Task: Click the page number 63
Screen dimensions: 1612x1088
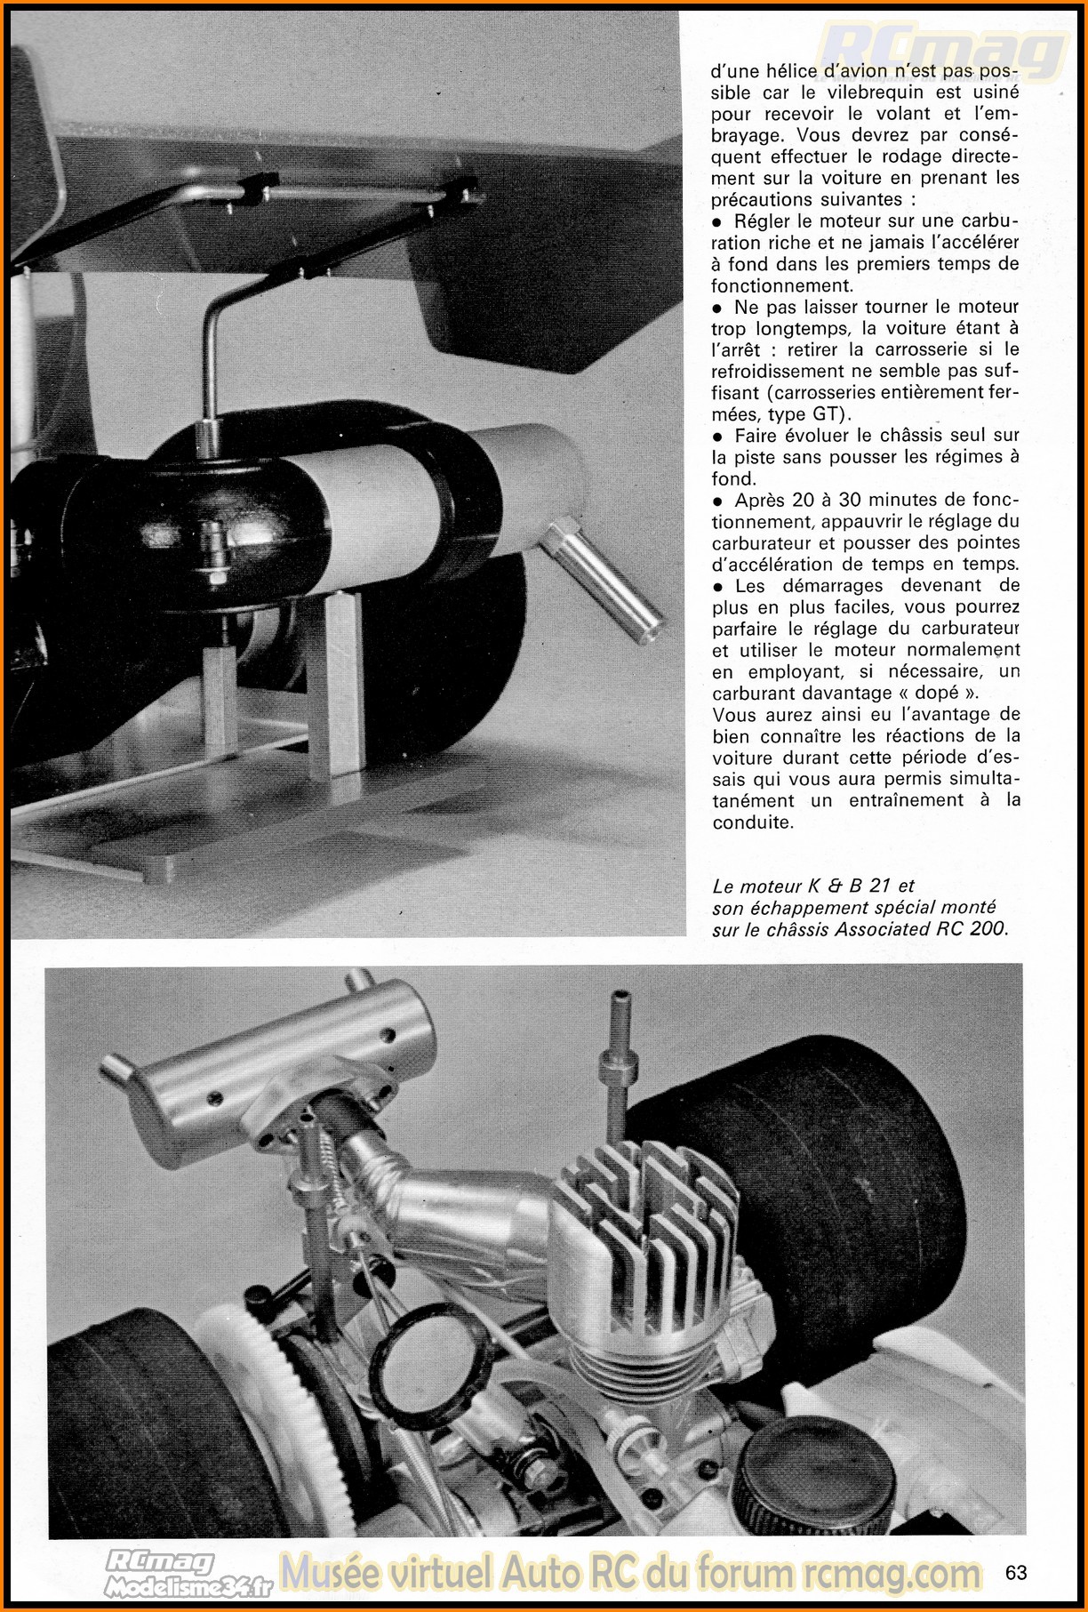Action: pos(1016,1572)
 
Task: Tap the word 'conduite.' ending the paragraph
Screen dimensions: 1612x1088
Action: pos(753,822)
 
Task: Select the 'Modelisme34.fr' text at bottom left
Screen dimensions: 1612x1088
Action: pos(188,1585)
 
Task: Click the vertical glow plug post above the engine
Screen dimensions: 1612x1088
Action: pos(618,1049)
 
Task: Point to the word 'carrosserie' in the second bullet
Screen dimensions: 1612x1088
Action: pos(934,349)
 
